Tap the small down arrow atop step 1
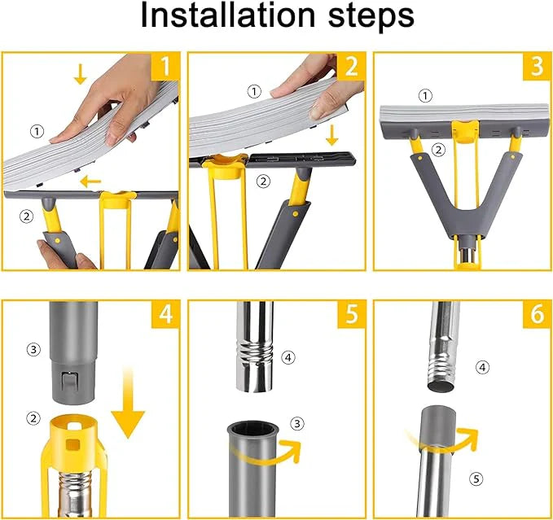point(80,75)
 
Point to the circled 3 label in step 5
point(297,422)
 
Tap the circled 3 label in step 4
point(33,349)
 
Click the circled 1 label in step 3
point(424,95)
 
